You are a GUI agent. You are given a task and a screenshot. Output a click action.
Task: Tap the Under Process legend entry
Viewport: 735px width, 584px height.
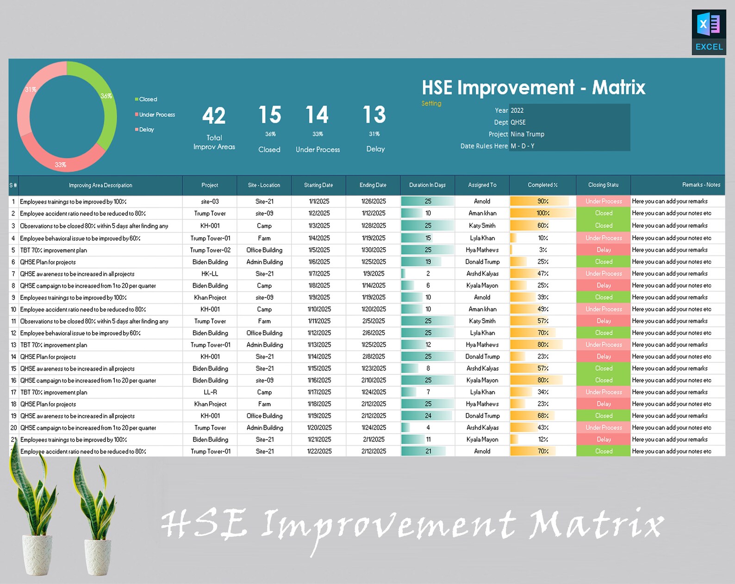pos(156,115)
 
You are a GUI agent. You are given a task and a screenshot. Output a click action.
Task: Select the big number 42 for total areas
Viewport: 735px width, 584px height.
pos(214,116)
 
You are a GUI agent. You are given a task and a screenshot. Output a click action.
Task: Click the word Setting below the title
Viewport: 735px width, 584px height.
pos(431,104)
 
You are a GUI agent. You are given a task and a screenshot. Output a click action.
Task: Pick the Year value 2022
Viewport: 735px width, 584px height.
pos(517,111)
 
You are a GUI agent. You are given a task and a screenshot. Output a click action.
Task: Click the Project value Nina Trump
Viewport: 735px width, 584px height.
pos(527,134)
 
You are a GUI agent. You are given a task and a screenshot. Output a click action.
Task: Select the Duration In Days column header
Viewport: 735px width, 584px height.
pos(427,185)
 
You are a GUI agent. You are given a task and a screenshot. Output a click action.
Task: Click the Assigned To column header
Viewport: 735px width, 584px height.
pos(482,185)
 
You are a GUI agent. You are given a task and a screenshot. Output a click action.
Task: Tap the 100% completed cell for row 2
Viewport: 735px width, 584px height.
pos(542,213)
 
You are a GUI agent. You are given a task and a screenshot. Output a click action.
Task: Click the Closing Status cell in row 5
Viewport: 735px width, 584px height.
pos(603,250)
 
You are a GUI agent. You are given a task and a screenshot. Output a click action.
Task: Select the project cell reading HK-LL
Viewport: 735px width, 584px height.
pos(210,274)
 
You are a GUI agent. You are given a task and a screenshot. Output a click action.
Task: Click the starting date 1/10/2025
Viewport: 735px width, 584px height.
pos(319,309)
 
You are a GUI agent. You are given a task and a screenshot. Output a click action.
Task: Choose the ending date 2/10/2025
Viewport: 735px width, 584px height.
pos(373,380)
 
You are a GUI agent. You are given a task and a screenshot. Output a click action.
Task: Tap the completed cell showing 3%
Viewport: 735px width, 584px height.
pos(542,250)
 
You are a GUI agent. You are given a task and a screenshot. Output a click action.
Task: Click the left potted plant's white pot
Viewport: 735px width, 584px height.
pos(37,555)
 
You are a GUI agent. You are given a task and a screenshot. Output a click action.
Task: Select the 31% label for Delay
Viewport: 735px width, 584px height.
pos(374,134)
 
